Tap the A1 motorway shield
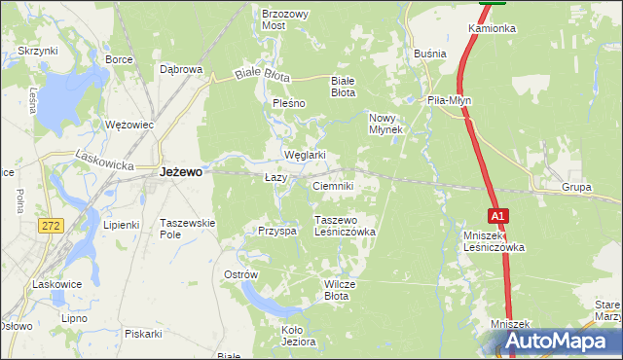(x=497, y=215)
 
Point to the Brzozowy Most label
(x=285, y=20)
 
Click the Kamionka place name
(x=492, y=28)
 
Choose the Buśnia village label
(x=429, y=54)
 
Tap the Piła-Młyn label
(x=450, y=100)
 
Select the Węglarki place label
(x=304, y=155)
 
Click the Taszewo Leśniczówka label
(x=344, y=227)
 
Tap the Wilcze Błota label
(x=344, y=290)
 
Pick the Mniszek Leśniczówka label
(x=495, y=241)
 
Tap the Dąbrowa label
(x=180, y=69)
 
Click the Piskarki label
(x=143, y=333)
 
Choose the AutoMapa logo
(x=554, y=342)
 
